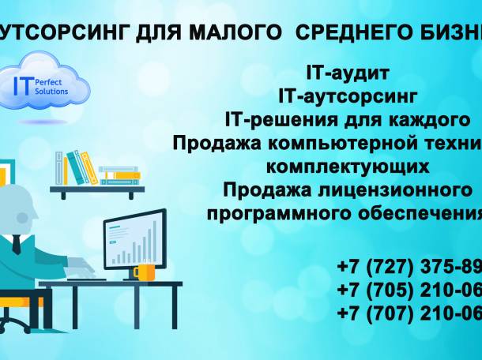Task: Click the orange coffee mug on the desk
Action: (x=144, y=272)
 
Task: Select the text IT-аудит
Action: (x=348, y=74)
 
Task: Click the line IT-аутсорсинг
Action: (x=347, y=97)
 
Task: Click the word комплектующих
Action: (x=348, y=167)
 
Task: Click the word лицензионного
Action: (x=406, y=190)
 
